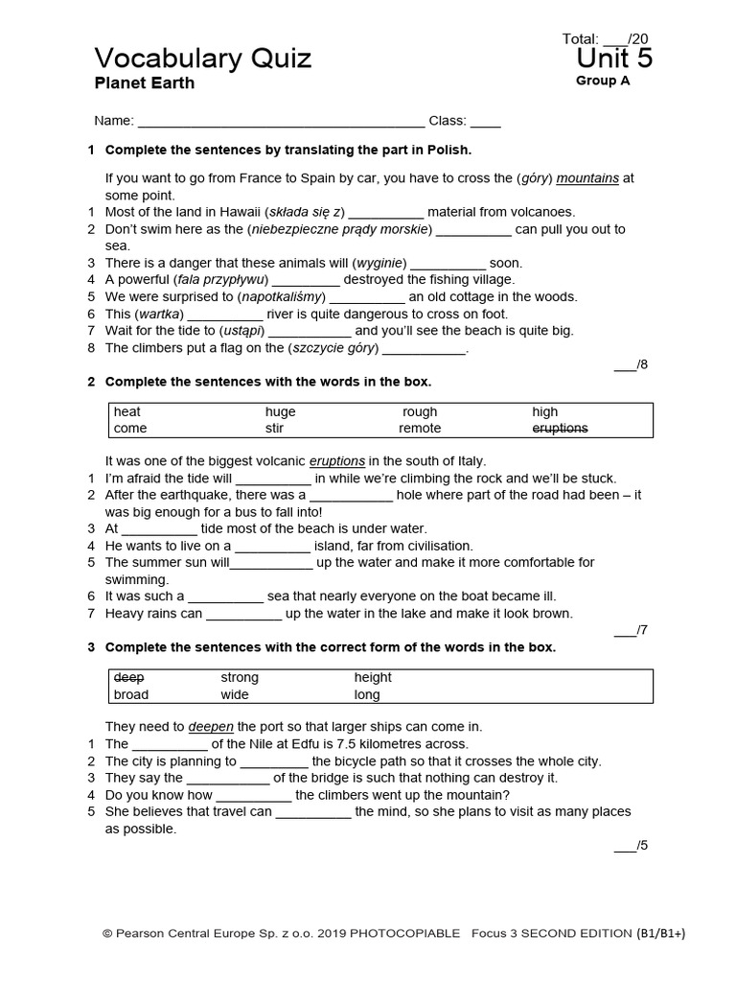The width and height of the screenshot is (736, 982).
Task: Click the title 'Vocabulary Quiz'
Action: tap(202, 58)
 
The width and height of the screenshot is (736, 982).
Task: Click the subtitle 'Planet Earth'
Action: tap(144, 83)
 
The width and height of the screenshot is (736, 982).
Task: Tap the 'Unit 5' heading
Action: tap(614, 58)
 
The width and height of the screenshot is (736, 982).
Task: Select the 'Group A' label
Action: tap(603, 81)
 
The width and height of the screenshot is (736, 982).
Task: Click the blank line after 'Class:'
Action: tap(485, 122)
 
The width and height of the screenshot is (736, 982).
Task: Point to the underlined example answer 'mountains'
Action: tap(587, 178)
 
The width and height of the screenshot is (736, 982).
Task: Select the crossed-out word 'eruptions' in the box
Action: tap(560, 428)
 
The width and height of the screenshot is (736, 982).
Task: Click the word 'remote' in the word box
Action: tap(420, 428)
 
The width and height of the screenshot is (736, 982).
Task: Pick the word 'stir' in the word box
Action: tap(274, 428)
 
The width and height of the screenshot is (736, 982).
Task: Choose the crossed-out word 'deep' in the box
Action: tap(128, 677)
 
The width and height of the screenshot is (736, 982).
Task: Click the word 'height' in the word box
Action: tap(373, 677)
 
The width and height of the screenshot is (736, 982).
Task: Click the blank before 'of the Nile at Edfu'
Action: tap(169, 744)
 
